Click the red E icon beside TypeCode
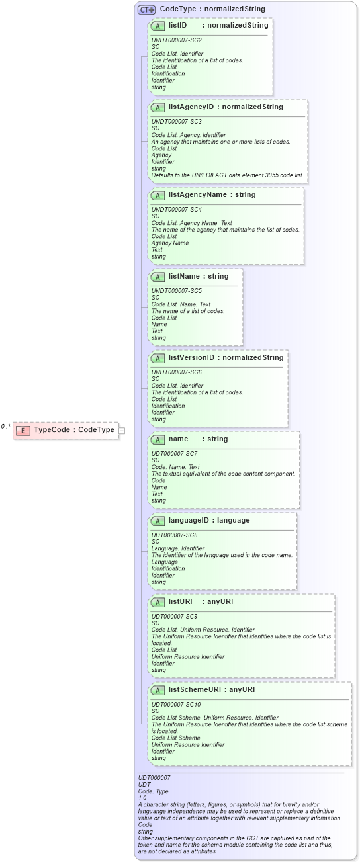[23, 431]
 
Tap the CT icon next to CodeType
[147, 9]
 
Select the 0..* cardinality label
[6, 427]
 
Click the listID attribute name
[177, 25]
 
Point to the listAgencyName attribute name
[197, 194]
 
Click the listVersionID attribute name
[191, 358]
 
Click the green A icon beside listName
[157, 277]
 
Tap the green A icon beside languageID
[157, 521]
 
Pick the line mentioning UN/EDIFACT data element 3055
[227, 175]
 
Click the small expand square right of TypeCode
[121, 431]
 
